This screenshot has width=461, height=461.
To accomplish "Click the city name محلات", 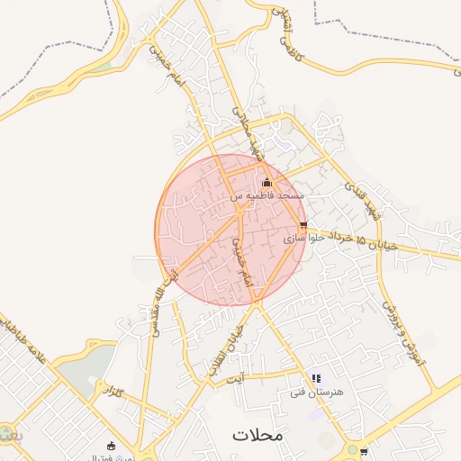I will [258, 434].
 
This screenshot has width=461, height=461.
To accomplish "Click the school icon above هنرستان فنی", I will [315, 379].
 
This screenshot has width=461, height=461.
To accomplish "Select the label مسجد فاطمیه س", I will [267, 195].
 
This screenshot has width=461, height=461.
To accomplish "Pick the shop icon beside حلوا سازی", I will [303, 225].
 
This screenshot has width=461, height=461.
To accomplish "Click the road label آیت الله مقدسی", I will [160, 298].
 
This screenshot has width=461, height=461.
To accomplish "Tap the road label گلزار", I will [113, 392].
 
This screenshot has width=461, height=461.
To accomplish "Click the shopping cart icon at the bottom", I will [363, 451].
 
